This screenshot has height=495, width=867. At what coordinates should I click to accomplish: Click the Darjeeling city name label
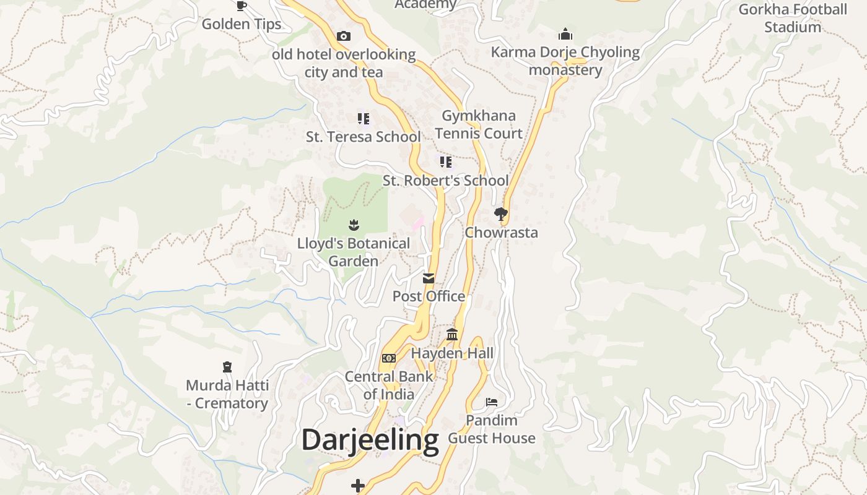click(x=370, y=440)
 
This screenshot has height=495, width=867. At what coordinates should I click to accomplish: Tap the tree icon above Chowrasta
click(x=501, y=214)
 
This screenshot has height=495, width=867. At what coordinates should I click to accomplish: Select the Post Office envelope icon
click(x=429, y=278)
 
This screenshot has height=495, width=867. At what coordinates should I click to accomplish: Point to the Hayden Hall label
click(x=453, y=353)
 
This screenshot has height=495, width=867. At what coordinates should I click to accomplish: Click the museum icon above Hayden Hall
click(x=452, y=335)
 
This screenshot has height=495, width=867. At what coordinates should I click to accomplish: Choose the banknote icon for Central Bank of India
click(x=389, y=358)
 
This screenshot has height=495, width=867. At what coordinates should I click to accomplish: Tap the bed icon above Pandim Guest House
click(x=492, y=402)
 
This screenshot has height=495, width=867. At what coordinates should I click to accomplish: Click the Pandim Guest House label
click(x=492, y=429)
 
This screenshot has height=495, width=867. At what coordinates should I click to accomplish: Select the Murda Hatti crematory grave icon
click(x=227, y=367)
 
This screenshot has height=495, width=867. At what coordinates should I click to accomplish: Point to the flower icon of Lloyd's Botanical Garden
click(x=354, y=225)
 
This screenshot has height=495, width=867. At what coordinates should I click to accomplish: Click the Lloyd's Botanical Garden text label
click(x=354, y=252)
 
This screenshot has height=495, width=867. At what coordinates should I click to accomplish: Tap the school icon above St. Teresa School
click(x=364, y=118)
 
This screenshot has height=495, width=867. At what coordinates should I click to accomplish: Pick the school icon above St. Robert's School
click(x=445, y=162)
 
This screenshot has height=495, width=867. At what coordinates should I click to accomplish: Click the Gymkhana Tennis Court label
click(x=479, y=124)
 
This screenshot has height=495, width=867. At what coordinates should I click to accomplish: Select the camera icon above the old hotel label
click(x=344, y=37)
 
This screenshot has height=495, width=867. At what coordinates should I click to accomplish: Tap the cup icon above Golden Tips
click(x=242, y=6)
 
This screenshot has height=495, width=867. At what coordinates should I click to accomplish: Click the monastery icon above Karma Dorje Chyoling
click(x=565, y=34)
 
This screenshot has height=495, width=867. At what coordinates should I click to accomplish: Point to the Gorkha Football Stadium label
click(x=793, y=18)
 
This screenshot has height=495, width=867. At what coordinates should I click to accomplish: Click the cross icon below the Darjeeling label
click(x=358, y=486)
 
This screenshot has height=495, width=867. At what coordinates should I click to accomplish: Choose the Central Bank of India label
click(x=389, y=385)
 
